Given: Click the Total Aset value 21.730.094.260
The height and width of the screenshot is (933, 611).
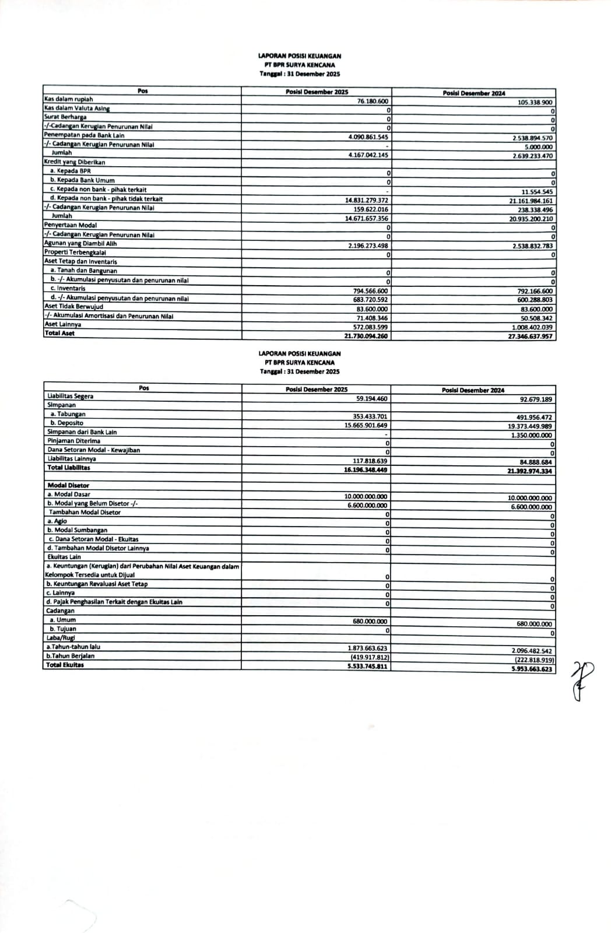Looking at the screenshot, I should coord(366,336).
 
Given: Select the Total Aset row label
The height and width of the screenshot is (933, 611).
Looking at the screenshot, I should coord(59,334).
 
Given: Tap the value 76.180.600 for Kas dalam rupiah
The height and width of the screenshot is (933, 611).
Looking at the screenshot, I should coord(373,101).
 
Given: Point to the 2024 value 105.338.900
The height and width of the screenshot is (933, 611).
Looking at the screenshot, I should coord(535,103).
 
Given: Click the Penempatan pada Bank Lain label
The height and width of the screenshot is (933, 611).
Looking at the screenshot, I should coord(84,135).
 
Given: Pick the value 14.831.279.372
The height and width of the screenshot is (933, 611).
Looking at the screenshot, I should coord(367,200).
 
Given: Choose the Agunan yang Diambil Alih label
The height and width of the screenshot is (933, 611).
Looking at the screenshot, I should coord(80,244).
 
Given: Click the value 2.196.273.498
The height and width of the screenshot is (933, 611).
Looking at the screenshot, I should coord(368,245).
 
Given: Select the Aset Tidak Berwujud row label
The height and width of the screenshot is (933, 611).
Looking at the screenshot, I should coord(73,307).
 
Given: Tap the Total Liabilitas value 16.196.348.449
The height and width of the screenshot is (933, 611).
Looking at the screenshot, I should coord(366,469).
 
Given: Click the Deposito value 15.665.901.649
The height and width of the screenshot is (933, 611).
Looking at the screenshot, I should coord(366,426).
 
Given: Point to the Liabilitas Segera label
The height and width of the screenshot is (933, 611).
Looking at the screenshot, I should coord(70,397).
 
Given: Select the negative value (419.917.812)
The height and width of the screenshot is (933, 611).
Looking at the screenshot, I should coord(368,657).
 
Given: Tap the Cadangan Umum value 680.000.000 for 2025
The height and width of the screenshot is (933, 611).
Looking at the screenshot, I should coord(370,622).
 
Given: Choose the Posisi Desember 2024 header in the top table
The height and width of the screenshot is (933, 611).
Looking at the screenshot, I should coord(473,93).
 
